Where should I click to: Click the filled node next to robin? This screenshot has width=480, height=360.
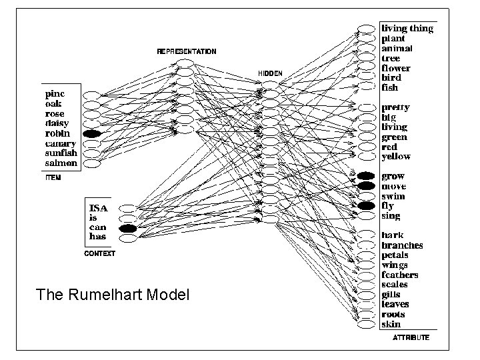point(91,134)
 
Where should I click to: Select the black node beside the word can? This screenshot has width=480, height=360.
point(127,229)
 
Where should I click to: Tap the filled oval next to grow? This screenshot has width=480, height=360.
point(366,177)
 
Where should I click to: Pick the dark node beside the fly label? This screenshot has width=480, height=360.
point(366,206)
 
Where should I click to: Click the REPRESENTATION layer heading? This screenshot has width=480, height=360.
point(187,51)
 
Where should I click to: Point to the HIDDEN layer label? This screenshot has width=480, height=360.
point(270,73)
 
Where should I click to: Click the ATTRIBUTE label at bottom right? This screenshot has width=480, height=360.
point(411,337)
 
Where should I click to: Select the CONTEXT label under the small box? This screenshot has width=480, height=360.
point(99,254)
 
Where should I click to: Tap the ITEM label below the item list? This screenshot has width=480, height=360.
point(53,178)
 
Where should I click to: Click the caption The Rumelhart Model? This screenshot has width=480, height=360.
point(113,294)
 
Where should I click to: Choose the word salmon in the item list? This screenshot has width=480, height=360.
point(61,163)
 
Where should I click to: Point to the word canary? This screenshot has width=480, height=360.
point(61,143)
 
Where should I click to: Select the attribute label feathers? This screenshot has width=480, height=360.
point(399,275)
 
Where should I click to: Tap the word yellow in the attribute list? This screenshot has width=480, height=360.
point(395,157)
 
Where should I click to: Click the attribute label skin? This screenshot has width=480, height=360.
point(391,324)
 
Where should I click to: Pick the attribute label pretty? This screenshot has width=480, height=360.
point(395,107)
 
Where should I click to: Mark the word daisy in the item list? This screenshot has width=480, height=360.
point(58,124)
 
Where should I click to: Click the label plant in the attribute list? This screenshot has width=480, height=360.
point(393,39)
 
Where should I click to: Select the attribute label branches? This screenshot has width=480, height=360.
point(402,245)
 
